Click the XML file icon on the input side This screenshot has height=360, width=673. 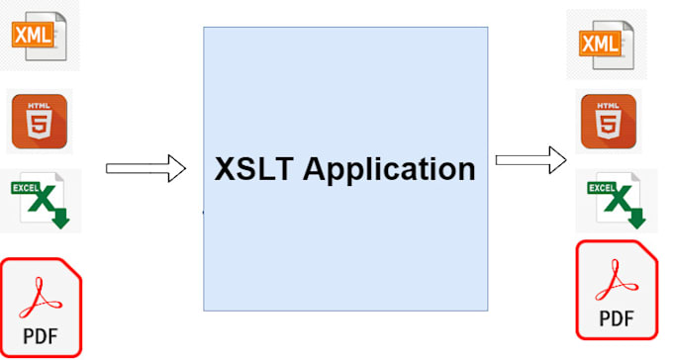[x=39, y=36]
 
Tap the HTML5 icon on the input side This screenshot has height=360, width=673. [x=40, y=122]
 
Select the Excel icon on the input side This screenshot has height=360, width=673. [x=41, y=201]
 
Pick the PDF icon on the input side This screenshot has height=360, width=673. [x=41, y=308]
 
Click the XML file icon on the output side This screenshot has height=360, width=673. [x=607, y=45]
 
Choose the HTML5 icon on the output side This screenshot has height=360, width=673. [x=609, y=122]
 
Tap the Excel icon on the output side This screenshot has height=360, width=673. [x=617, y=201]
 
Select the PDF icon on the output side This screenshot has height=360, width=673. [x=617, y=290]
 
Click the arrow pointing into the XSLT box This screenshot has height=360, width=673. [x=145, y=168]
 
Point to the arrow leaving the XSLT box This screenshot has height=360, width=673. [x=530, y=160]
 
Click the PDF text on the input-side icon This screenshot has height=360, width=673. [x=41, y=336]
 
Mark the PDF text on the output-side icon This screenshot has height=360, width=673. [x=617, y=318]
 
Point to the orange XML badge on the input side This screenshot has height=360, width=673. [x=33, y=35]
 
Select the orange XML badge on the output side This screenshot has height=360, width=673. [x=601, y=44]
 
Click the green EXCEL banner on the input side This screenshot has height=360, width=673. [x=26, y=188]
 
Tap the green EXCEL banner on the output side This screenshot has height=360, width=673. [x=602, y=188]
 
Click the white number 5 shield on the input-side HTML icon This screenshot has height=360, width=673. [x=40, y=125]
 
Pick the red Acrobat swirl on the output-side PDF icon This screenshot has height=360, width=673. [x=617, y=280]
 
